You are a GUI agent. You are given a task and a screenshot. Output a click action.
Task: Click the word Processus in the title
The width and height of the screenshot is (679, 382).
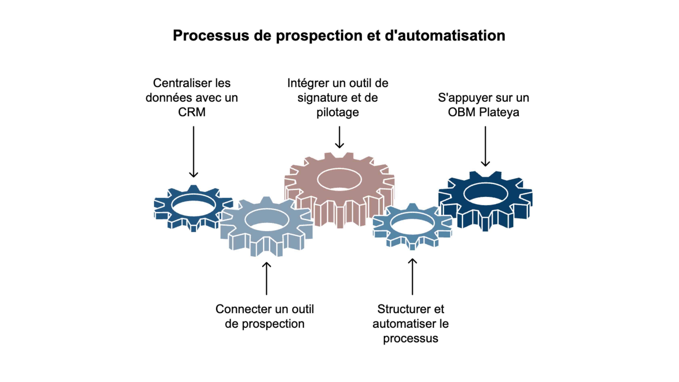(x=211, y=36)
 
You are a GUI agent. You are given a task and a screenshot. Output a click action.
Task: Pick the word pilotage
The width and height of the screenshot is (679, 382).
(x=338, y=113)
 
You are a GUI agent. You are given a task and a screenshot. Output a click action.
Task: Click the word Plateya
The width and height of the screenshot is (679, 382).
(x=499, y=112)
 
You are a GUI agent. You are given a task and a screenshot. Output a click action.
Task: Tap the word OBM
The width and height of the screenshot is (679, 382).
(x=462, y=112)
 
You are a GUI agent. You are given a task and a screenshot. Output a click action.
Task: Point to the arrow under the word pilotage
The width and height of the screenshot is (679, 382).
(x=339, y=137)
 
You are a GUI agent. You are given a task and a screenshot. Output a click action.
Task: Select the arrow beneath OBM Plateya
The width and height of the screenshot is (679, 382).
(x=485, y=146)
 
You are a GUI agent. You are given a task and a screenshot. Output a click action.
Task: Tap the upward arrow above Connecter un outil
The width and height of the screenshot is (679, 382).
(x=267, y=278)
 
